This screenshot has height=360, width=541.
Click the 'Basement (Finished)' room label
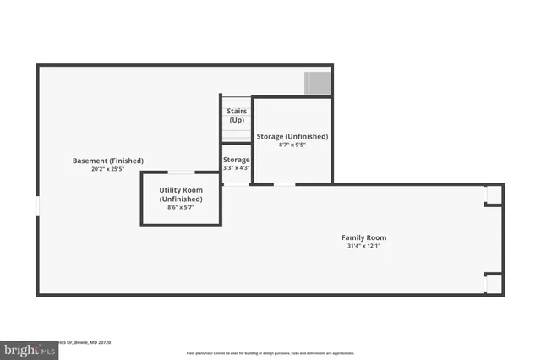tap(108, 161)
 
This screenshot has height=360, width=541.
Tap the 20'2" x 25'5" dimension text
tap(108, 169)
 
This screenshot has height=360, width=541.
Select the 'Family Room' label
tap(363, 237)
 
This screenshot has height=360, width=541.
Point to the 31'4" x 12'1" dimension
tap(363, 246)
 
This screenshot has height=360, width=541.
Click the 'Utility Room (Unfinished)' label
tap(181, 194)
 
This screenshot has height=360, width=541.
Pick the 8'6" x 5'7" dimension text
tap(181, 208)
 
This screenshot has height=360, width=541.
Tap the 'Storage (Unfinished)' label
tap(292, 136)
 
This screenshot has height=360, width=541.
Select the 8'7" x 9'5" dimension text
tap(292, 145)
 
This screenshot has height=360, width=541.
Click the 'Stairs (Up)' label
tap(237, 115)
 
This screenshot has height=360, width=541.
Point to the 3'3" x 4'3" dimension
tap(237, 167)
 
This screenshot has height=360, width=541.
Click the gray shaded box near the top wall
tap(318, 83)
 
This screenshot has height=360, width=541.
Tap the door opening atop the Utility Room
tap(181, 173)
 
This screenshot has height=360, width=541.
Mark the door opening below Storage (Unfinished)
tap(284, 183)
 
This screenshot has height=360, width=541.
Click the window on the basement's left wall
tap(37, 207)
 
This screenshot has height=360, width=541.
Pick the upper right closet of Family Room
tap(493, 195)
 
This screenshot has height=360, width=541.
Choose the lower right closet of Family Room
tap(493, 283)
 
